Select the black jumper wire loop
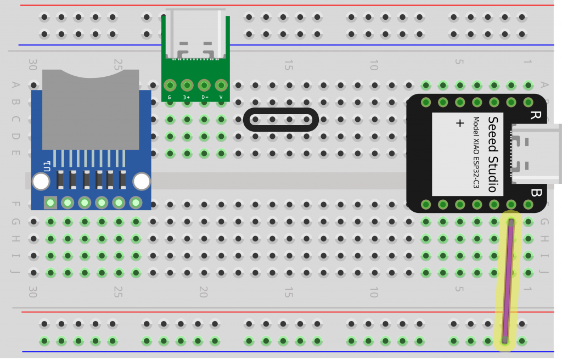[x=280, y=119]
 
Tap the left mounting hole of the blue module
[x=41, y=181]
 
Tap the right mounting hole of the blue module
[x=142, y=181]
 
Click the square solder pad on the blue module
[x=50, y=203]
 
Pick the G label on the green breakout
[x=170, y=98]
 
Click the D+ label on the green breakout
[x=187, y=98]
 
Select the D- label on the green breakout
[x=204, y=98]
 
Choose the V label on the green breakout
[x=221, y=98]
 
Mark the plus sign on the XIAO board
[x=460, y=123]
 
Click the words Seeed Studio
[x=492, y=154]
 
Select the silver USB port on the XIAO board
[x=536, y=154]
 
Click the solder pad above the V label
[x=221, y=85]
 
